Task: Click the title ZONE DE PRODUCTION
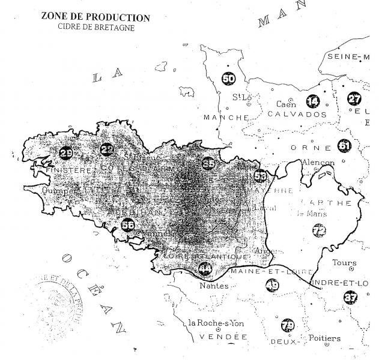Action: pos(96,17)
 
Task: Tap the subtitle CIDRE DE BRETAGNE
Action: pos(96,27)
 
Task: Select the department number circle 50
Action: pos(229,78)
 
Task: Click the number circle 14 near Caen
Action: pos(313,101)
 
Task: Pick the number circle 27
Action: pos(354,100)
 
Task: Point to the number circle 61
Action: pos(344,146)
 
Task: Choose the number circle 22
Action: pos(107,149)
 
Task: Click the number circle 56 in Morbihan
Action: pos(127,224)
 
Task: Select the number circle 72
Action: pos(318,230)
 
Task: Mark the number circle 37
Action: pos(350,296)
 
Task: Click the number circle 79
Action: pos(288,326)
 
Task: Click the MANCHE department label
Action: pos(226,117)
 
